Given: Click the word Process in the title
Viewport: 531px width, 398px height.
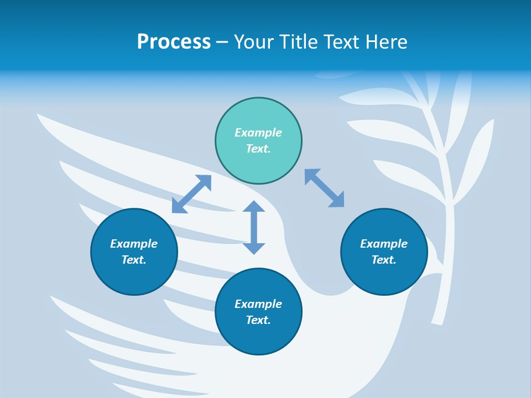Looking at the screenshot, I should pyautogui.click(x=174, y=41).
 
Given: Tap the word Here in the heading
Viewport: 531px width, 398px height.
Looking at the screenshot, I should pyautogui.click(x=386, y=41).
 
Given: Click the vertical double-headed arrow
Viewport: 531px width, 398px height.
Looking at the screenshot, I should pyautogui.click(x=254, y=227).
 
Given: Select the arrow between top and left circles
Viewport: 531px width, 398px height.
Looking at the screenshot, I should pyautogui.click(x=191, y=194).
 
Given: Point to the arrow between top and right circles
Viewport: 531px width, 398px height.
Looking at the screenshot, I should pyautogui.click(x=325, y=188).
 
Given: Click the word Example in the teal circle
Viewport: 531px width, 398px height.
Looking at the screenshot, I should pyautogui.click(x=258, y=133).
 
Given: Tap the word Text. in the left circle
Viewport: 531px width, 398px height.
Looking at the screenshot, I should pyautogui.click(x=134, y=260).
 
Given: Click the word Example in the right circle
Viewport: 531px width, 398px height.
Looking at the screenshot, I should pyautogui.click(x=384, y=244).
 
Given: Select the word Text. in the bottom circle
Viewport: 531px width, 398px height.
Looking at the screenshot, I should pyautogui.click(x=258, y=320).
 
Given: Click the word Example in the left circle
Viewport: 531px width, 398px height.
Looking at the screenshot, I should pyautogui.click(x=134, y=244).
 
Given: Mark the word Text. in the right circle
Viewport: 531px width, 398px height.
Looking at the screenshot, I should pyautogui.click(x=384, y=260).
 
